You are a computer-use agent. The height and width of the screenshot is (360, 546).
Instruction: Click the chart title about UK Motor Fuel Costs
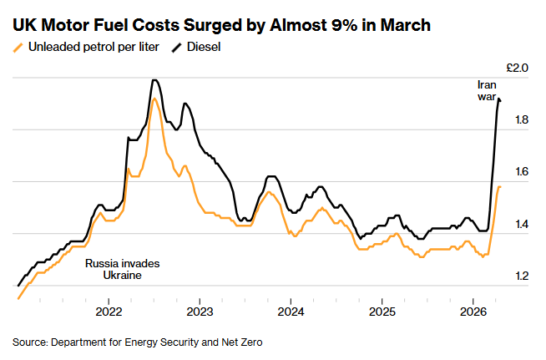pyautogui.click(x=222, y=25)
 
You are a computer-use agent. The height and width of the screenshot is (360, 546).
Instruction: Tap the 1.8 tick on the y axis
pyautogui.click(x=521, y=120)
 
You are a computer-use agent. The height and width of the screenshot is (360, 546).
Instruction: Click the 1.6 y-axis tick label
pyautogui.click(x=521, y=172)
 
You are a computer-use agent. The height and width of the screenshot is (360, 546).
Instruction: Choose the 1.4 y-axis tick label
pyautogui.click(x=521, y=224)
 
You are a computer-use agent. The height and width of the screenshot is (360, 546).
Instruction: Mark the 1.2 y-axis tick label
pyautogui.click(x=521, y=276)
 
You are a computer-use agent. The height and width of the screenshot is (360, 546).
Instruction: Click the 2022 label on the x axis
pyautogui.click(x=109, y=312)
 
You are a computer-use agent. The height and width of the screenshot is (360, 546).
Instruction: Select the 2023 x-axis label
pyautogui.click(x=200, y=312)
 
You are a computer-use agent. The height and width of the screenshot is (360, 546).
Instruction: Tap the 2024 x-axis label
pyautogui.click(x=291, y=312)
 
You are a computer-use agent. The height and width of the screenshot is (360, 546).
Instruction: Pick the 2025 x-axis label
pyautogui.click(x=382, y=312)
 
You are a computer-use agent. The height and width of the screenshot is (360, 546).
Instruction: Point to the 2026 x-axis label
pyautogui.click(x=473, y=312)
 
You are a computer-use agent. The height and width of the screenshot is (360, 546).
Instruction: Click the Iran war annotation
pyautogui.click(x=487, y=91)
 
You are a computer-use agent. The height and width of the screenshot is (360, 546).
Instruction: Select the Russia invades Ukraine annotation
pyautogui.click(x=122, y=269)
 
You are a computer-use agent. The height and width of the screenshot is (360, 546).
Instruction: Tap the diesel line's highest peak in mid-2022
pyautogui.click(x=154, y=80)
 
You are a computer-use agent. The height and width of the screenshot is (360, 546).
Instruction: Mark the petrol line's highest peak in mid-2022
pyautogui.click(x=154, y=99)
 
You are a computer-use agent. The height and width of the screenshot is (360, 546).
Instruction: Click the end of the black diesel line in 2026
pyautogui.click(x=500, y=101)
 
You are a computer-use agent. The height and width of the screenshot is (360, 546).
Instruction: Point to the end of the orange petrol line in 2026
pyautogui.click(x=500, y=187)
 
